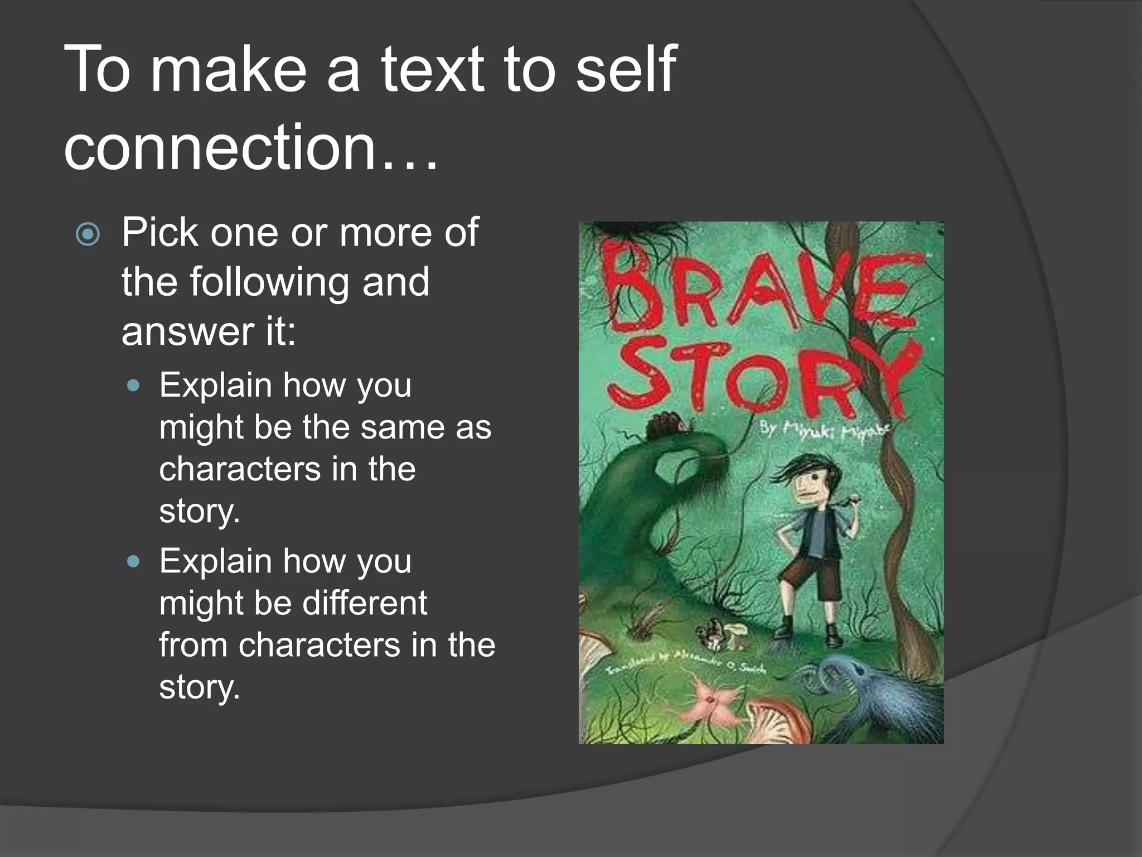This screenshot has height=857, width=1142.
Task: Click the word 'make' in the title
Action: click(x=229, y=70)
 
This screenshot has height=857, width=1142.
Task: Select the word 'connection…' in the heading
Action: click(x=251, y=147)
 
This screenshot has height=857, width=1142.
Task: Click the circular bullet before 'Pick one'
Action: click(x=88, y=234)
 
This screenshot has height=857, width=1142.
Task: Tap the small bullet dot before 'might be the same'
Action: click(x=133, y=386)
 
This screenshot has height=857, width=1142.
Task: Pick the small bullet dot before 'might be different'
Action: click(x=133, y=561)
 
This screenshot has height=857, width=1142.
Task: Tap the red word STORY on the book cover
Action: click(x=764, y=377)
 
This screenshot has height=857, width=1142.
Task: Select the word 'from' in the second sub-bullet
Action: click(x=193, y=646)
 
